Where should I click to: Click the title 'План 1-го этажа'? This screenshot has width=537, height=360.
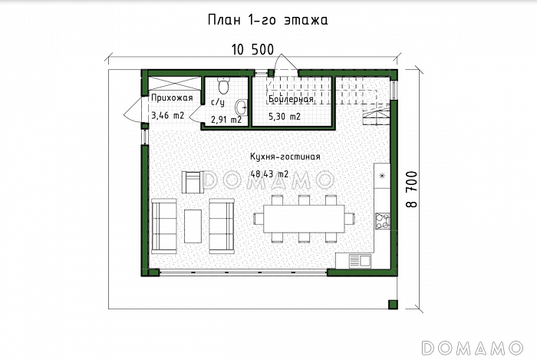(x=268, y=20)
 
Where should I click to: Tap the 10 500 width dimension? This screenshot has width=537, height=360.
(x=252, y=50)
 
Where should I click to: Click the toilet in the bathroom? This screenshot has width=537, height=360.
(x=224, y=86)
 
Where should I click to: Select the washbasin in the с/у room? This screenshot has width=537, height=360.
(x=242, y=107)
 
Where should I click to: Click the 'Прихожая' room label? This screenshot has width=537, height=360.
(x=172, y=98)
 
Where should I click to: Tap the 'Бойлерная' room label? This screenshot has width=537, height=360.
(x=291, y=99)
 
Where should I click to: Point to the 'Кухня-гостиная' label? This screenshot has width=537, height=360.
(x=285, y=157)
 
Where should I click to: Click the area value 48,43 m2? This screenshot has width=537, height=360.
(x=269, y=174)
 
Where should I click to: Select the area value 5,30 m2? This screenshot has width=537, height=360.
(x=285, y=117)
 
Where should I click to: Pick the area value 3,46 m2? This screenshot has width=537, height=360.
(x=168, y=115)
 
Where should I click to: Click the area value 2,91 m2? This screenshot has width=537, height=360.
(x=226, y=120)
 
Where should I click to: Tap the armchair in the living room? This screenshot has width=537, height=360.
(x=192, y=182)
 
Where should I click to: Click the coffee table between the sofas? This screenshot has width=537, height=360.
(x=193, y=226)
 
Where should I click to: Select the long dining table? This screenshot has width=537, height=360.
(x=304, y=219)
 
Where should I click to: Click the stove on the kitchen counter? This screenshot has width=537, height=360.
(x=383, y=221)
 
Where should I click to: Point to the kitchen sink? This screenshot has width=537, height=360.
(x=360, y=261)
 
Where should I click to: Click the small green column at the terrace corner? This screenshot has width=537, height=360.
(x=393, y=305)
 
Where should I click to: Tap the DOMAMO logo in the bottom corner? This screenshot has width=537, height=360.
(x=473, y=348)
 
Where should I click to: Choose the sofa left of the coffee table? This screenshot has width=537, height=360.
(x=164, y=226)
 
